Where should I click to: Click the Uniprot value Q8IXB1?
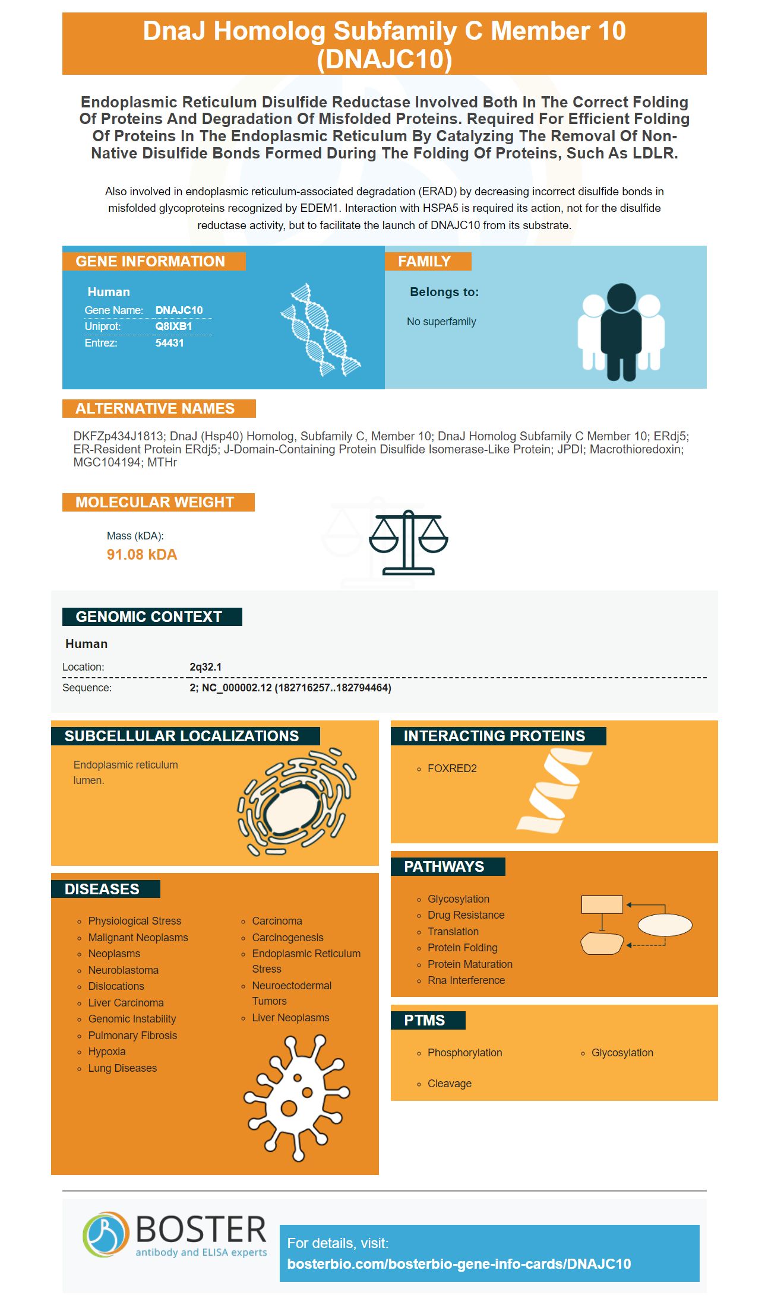[173, 326]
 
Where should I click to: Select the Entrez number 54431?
[169, 343]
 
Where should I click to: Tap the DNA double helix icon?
[321, 329]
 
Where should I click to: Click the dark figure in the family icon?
[621, 332]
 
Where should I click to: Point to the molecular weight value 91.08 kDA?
[142, 555]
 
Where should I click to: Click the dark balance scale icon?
[409, 542]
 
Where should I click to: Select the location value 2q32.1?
[206, 667]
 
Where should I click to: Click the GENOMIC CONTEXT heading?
[149, 617]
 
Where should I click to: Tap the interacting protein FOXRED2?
[452, 769]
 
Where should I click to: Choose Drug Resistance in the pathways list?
[466, 915]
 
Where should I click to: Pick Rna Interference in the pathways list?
[466, 980]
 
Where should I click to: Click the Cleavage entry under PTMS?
[450, 1084]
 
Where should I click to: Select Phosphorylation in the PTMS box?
[464, 1053]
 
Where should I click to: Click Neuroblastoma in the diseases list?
[123, 970]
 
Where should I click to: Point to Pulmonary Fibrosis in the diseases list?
[132, 1036]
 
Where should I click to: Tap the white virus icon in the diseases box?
[296, 1098]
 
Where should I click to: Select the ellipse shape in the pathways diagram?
[665, 925]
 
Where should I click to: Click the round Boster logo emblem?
[106, 1234]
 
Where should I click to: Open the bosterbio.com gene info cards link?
[459, 1264]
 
